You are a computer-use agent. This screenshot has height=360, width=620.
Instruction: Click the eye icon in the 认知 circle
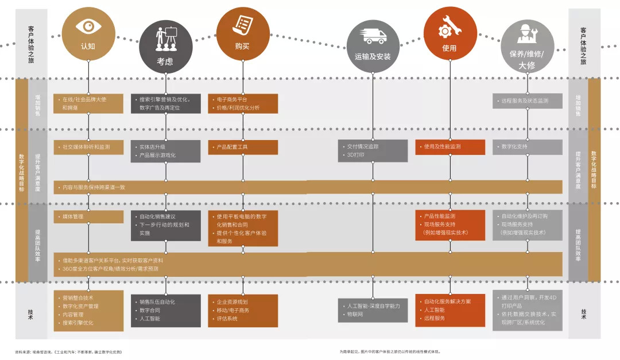88,26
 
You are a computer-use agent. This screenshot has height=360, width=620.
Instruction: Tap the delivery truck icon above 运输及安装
373,36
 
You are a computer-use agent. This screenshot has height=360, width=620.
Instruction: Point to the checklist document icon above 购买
243,25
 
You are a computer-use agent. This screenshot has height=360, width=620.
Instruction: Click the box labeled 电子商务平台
243,103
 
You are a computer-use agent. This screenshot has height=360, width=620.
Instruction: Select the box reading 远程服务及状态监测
527,101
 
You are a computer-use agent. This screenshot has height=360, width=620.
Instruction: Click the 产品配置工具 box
243,147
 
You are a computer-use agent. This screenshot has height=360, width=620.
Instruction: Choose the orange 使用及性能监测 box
449,147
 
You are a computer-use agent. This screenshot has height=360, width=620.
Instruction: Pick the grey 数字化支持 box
527,147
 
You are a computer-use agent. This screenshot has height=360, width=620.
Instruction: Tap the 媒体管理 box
89,216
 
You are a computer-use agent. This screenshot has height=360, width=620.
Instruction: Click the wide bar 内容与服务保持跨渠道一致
308,187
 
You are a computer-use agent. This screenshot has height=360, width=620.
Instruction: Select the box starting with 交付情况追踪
373,151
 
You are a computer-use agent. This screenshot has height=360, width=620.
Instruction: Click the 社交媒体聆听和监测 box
89,147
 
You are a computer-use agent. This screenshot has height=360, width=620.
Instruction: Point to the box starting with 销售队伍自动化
166,310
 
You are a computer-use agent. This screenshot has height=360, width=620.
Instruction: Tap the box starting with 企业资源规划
243,310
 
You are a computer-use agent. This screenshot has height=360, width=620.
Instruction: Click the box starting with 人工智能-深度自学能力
373,311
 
